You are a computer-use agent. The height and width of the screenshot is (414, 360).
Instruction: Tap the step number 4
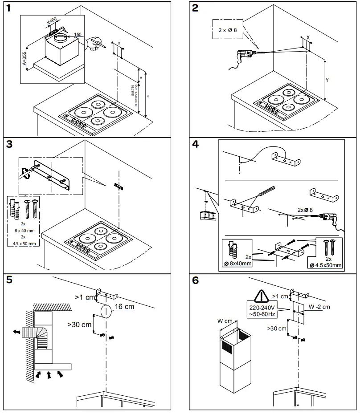pos(196,146)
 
